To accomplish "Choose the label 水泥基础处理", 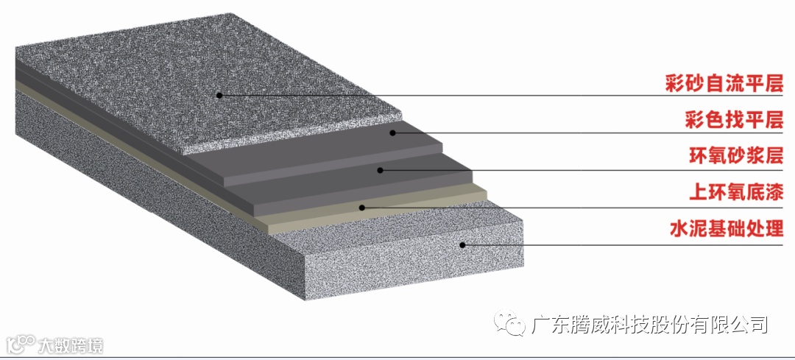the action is point(723,229).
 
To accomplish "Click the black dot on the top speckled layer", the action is point(219,95).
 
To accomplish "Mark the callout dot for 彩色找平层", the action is point(393,133).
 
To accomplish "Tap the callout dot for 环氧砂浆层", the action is point(380,170).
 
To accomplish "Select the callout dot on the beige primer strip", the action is point(361,208).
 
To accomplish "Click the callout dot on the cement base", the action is point(463,244).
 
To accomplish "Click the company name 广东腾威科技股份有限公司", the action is point(649,323).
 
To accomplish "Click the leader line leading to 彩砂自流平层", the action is point(442,96).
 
